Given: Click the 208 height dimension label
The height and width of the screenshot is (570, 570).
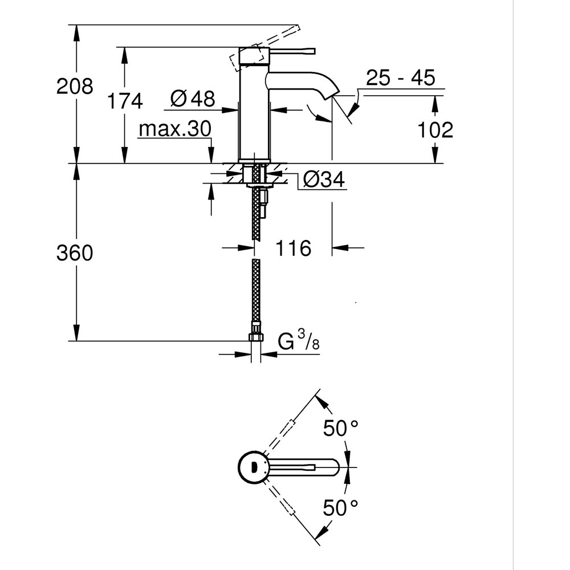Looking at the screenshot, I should pos(74,87).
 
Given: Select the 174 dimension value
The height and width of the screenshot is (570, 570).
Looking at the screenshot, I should pos(125,101).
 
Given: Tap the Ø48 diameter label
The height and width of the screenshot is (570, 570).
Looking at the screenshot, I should pos(193,99).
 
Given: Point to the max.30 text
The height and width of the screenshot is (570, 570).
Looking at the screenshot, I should pos(174,130).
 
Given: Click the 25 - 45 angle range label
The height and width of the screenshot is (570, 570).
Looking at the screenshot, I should pos(400,78).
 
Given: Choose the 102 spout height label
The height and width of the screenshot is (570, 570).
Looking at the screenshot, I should pos(435,130).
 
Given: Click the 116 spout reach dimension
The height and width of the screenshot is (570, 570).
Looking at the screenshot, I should pos(294,248).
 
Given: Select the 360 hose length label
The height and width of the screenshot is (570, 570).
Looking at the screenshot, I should pos(74,253).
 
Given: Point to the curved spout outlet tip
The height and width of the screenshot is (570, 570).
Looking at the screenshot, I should pos(332,91).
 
